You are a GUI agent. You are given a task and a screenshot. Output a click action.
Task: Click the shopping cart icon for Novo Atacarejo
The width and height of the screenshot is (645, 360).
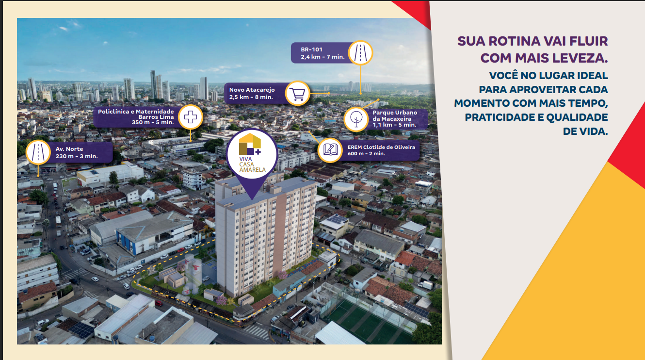tap(297, 94)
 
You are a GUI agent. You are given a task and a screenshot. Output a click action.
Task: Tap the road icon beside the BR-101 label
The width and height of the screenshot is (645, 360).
tap(360, 53)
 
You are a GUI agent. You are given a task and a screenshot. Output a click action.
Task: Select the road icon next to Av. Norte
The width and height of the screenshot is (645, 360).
tap(38, 152)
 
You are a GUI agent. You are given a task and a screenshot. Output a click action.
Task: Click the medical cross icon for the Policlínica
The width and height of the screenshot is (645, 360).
tap(190, 117)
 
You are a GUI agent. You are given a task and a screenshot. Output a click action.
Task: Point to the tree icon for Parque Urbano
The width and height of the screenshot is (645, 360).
tap(356, 119)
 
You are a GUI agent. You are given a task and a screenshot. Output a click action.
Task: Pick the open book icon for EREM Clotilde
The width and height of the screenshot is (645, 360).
tap(330, 149)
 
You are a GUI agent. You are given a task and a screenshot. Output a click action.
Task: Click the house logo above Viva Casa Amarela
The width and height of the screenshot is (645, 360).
tap(250, 144)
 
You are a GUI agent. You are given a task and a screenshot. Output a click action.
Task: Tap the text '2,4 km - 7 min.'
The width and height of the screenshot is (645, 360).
tap(322, 57)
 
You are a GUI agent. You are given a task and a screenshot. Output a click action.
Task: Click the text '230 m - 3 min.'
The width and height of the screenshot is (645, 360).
tap(77, 156)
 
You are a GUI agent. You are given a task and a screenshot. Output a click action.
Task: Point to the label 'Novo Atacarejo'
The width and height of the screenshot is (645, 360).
tap(252, 90)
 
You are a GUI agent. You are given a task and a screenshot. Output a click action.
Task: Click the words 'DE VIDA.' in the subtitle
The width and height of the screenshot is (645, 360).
tap(585, 131)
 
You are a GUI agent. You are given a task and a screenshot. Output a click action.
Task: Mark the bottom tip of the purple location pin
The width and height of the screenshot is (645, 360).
tap(252, 199)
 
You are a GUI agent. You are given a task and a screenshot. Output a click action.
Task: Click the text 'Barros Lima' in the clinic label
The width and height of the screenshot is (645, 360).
tap(156, 117)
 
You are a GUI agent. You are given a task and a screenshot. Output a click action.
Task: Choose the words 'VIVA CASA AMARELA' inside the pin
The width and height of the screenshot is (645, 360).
tap(252, 164)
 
